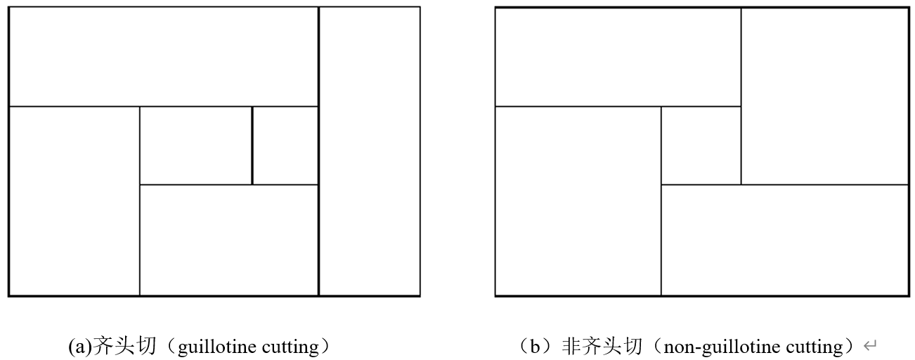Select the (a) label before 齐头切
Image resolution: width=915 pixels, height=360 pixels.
[x=79, y=347]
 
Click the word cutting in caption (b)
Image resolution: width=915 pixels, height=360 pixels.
[x=817, y=347]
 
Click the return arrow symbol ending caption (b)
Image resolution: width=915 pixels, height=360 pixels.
[x=871, y=346]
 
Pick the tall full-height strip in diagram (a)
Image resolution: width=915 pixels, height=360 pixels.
[x=369, y=151]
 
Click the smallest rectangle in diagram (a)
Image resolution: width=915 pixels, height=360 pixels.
[x=285, y=146]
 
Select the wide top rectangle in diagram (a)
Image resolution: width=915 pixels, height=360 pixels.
[x=163, y=56]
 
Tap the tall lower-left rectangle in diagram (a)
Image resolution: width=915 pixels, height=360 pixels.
[x=74, y=200]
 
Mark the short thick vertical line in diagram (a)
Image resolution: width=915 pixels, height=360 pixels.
[x=252, y=146]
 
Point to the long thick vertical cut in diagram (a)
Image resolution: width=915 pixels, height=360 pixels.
[x=318, y=151]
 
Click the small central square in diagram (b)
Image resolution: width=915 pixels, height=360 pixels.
[x=701, y=146]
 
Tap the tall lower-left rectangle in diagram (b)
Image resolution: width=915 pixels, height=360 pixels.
[x=578, y=200]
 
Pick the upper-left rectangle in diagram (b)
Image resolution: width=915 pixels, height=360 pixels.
[x=618, y=56]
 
